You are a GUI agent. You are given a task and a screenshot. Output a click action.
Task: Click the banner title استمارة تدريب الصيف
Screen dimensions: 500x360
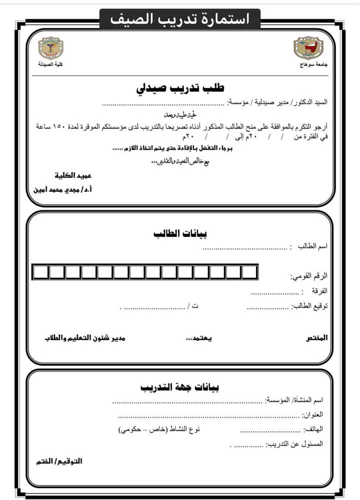tap(180, 19)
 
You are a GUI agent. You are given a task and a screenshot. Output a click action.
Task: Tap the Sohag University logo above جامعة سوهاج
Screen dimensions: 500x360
tap(306, 48)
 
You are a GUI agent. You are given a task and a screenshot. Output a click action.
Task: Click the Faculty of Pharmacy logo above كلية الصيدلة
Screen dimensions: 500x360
tap(51, 48)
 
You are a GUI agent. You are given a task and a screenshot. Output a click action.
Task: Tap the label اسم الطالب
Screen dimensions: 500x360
tap(312, 247)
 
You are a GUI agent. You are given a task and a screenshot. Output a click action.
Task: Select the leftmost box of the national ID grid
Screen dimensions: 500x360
tap(40, 272)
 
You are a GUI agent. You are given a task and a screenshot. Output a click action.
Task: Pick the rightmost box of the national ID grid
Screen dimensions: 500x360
tap(249, 272)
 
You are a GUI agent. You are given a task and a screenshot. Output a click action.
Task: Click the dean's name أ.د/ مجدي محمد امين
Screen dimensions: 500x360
tap(62, 190)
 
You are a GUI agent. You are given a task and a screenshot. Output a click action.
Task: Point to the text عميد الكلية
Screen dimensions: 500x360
tap(73, 176)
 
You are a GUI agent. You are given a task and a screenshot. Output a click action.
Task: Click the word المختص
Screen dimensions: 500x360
tap(316, 338)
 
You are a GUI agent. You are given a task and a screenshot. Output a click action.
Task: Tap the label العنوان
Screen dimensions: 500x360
tap(313, 415)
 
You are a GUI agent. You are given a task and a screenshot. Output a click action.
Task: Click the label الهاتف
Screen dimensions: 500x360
tap(313, 429)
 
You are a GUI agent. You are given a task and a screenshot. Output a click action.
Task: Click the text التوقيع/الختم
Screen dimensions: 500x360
tap(59, 461)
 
